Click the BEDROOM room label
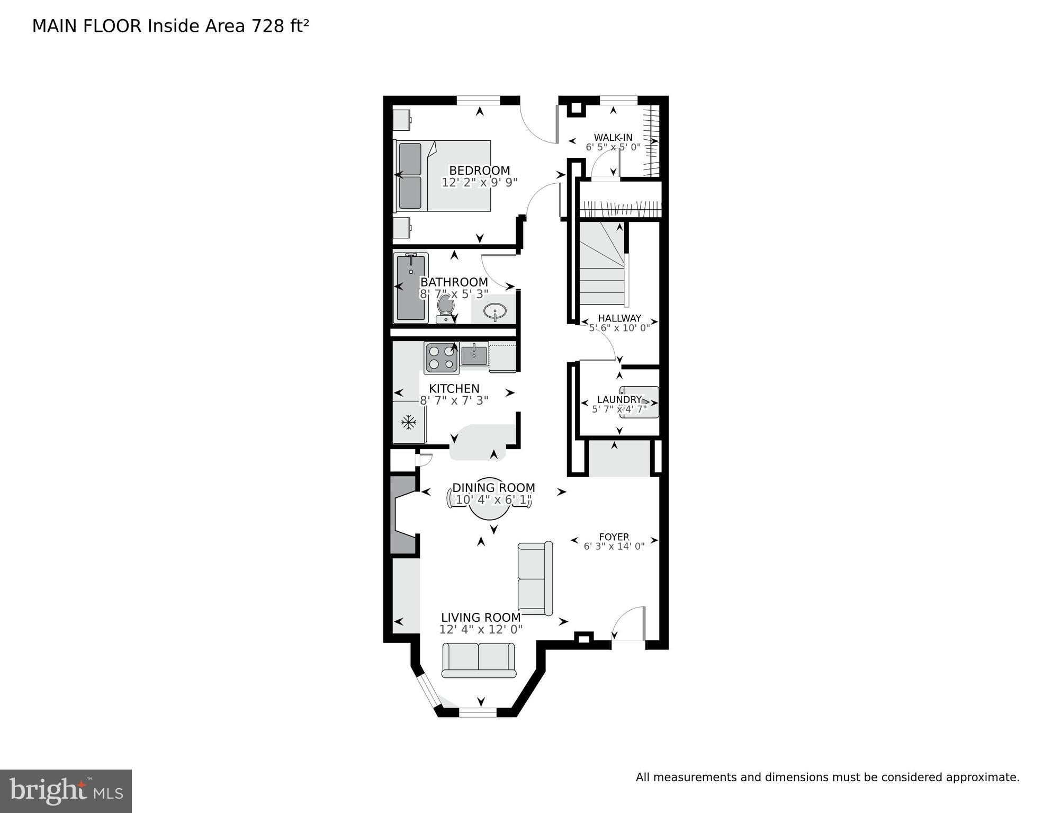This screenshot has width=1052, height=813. click(479, 171)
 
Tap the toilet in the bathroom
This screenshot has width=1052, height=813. click(445, 309)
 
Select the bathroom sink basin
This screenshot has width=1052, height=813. click(495, 311)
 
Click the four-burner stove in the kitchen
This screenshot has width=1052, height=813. click(442, 358)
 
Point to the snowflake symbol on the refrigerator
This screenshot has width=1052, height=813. click(408, 422)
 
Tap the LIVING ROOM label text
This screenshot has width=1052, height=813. click(481, 617)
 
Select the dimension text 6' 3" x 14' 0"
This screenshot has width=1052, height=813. click(614, 546)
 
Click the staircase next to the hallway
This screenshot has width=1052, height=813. click(602, 265)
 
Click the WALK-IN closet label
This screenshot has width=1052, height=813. click(613, 137)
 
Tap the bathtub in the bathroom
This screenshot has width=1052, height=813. click(410, 288)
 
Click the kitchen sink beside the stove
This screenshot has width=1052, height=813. click(474, 354)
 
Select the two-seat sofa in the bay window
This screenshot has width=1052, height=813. click(479, 660)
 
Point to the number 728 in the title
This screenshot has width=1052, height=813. click(268, 26)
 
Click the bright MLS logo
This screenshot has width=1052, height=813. click(66, 791)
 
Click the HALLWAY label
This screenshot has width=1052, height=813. click(619, 318)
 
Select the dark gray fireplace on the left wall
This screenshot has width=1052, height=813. click(402, 515)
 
